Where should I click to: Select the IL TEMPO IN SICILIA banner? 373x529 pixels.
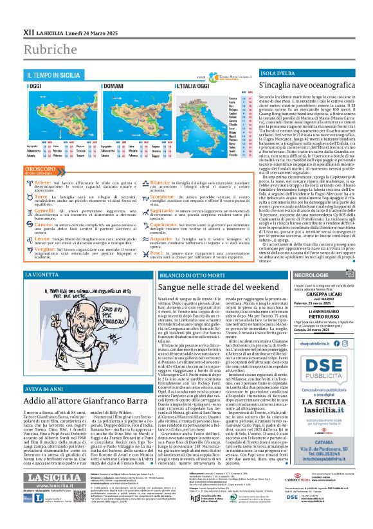pyautogui.click(x=52, y=75)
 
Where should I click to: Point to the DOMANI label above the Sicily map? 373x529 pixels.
pyautogui.click(x=95, y=85)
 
